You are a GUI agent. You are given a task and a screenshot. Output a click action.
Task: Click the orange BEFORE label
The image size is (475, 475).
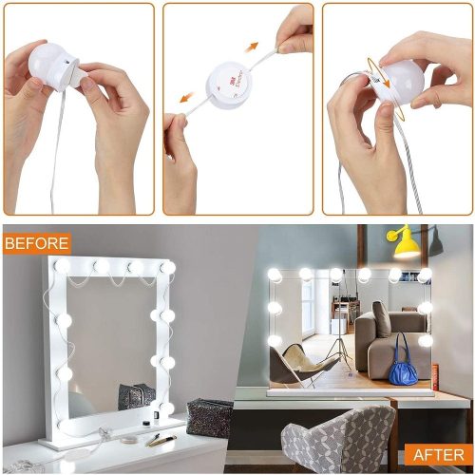click(x=36, y=242)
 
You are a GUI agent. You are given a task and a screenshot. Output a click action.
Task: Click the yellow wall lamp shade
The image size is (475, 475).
click(x=406, y=246)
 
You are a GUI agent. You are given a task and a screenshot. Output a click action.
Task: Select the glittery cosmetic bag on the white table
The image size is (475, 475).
click(x=208, y=416)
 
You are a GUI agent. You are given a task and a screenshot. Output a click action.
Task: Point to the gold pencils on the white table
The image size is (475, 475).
click(x=161, y=440)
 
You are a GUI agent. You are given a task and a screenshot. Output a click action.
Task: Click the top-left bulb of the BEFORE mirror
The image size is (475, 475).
click(x=62, y=266)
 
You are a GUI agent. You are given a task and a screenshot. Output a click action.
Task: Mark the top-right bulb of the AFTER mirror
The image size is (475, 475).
click(x=425, y=275)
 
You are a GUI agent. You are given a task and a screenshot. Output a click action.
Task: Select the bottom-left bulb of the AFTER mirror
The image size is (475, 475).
click(x=274, y=340)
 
